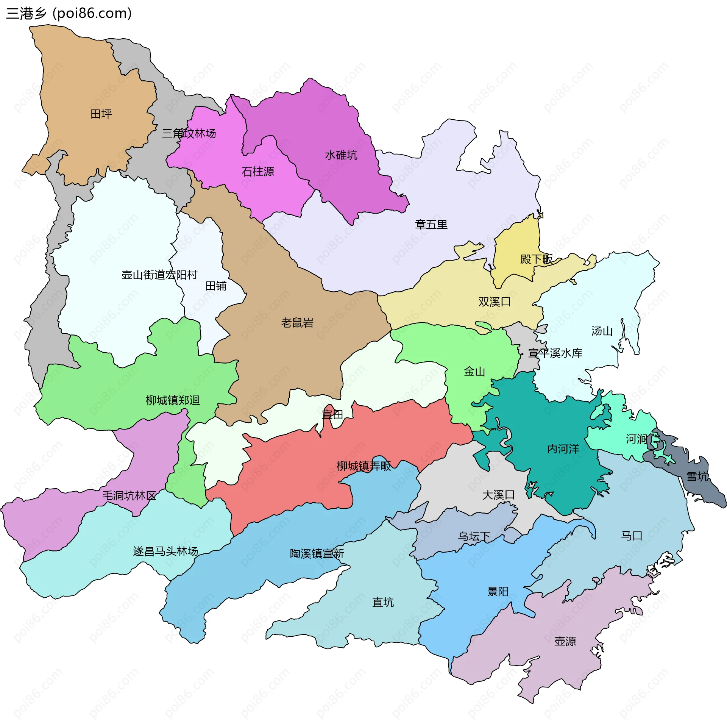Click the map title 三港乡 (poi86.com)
point(69,13)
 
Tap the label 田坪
point(101,114)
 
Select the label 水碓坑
point(341,155)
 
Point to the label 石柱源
point(258,172)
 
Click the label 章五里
point(431,225)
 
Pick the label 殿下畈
point(536,259)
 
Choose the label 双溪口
point(495,302)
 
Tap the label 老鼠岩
point(297,323)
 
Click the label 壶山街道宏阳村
point(159,275)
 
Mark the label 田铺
point(216,286)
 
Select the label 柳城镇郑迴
point(173,400)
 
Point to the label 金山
point(474,372)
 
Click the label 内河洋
point(563,449)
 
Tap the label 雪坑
point(697,476)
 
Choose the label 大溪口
point(498,495)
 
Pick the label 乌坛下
point(474,537)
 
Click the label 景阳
point(498,592)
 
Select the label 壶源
point(565,641)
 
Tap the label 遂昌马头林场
point(165,551)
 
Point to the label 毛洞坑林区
point(129,496)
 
